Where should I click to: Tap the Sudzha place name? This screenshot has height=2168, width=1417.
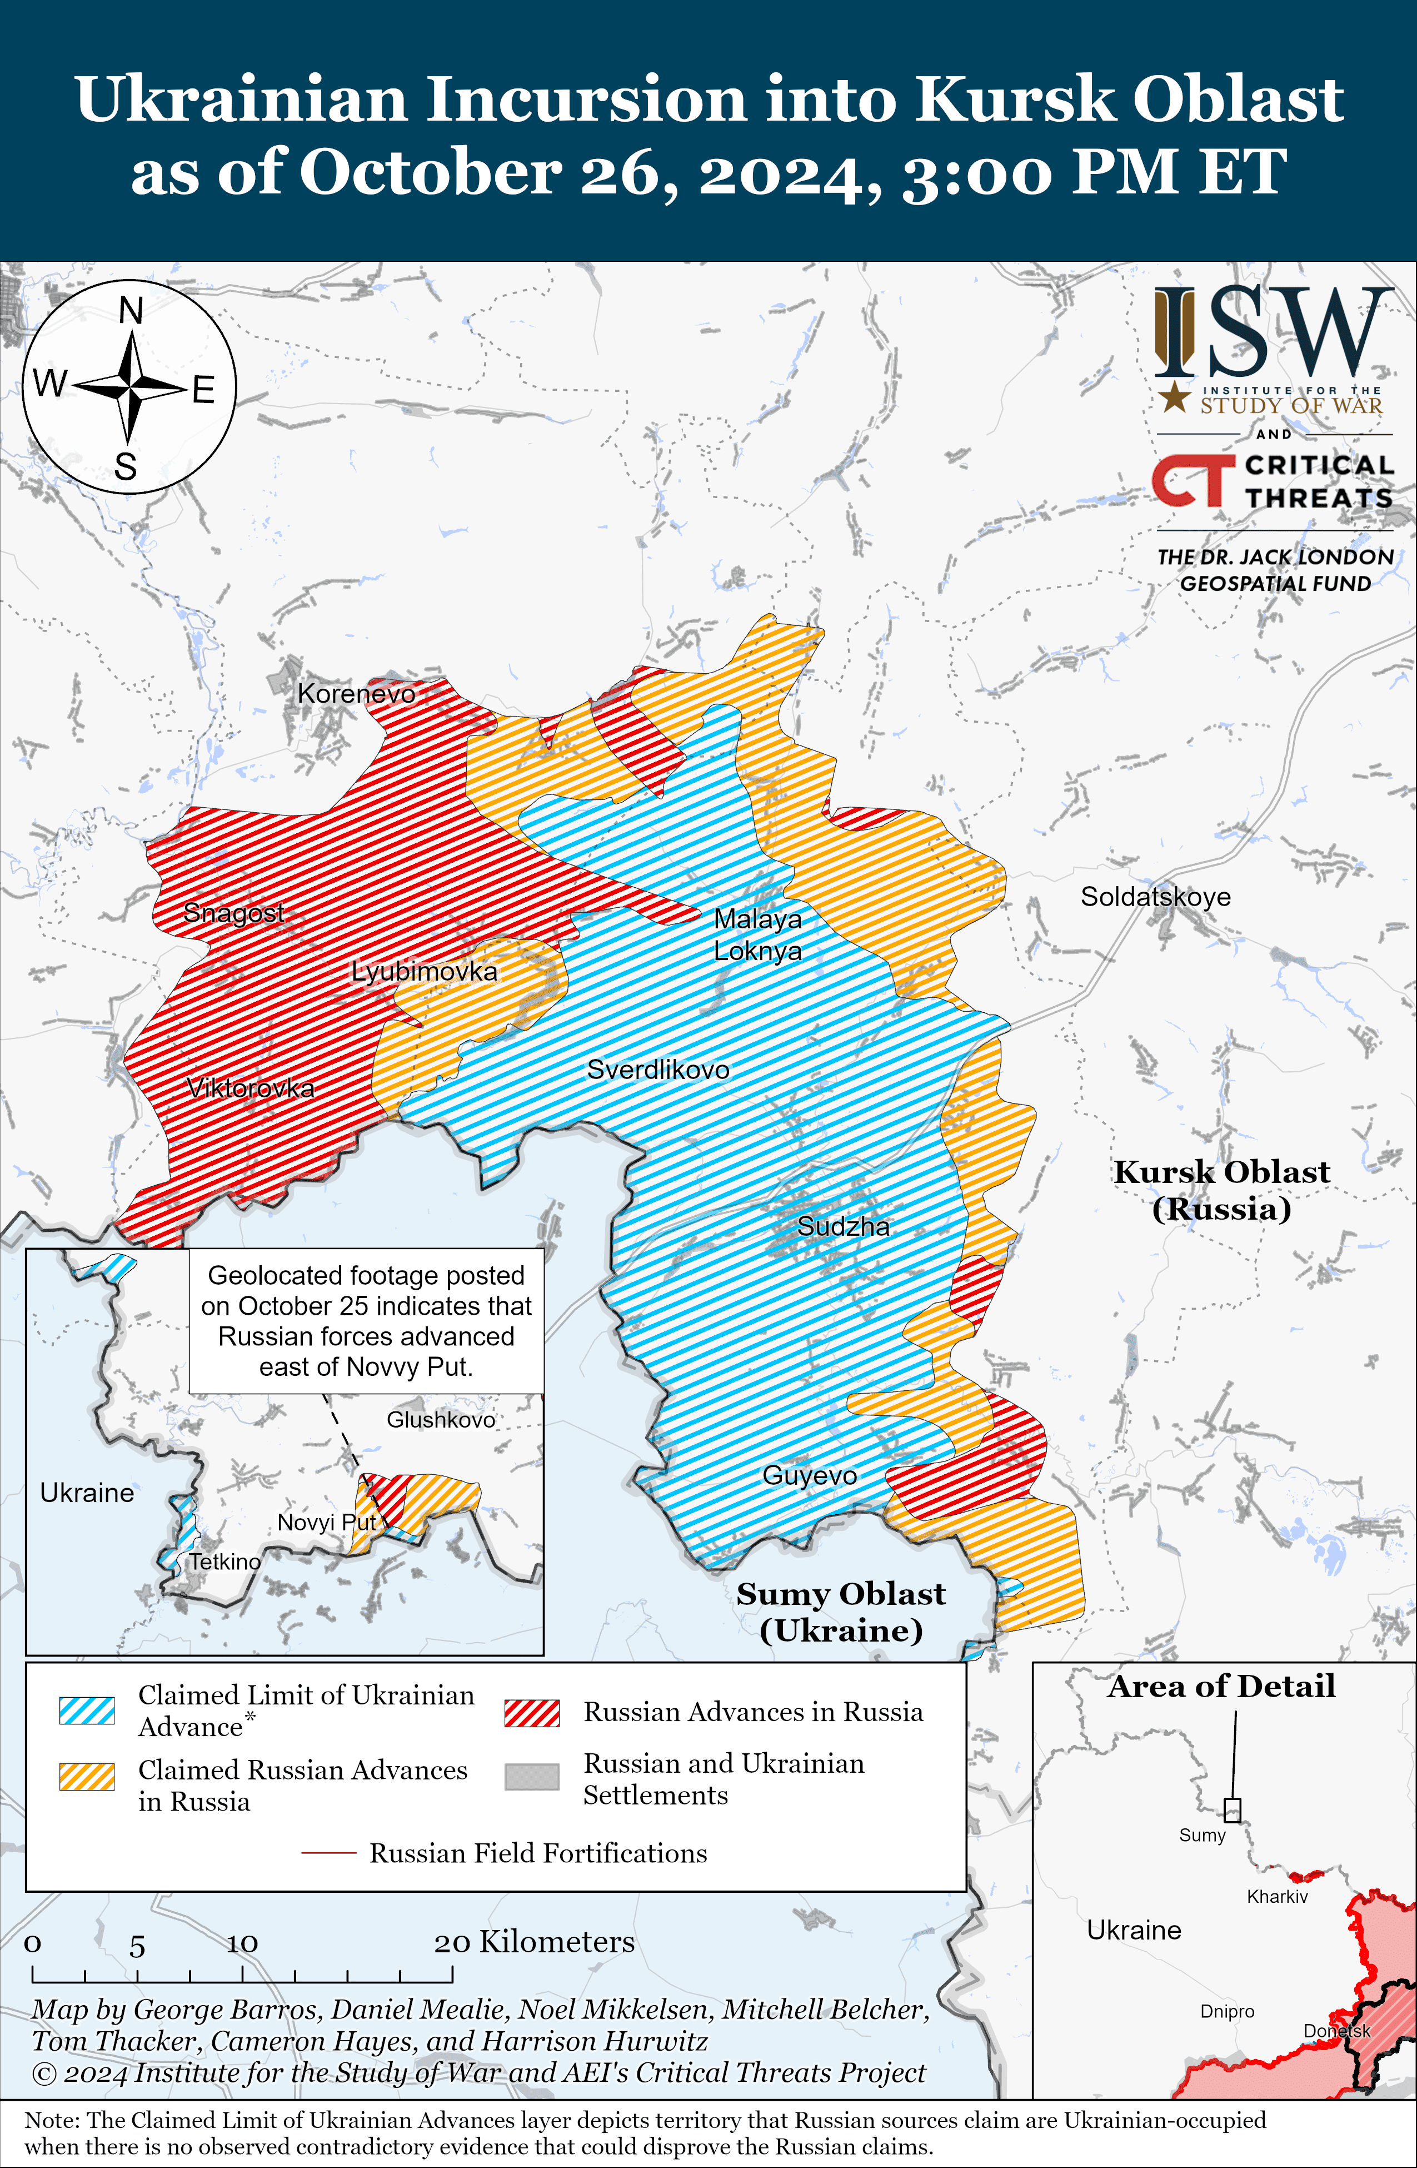pyautogui.click(x=844, y=1226)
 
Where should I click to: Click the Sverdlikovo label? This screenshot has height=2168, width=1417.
pyautogui.click(x=657, y=1070)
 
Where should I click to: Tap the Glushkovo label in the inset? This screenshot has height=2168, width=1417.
pyautogui.click(x=441, y=1419)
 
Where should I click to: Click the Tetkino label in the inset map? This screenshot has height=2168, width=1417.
pyautogui.click(x=224, y=1562)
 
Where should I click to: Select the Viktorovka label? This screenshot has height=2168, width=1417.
pyautogui.click(x=251, y=1088)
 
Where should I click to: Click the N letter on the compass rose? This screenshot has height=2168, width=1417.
pyautogui.click(x=131, y=311)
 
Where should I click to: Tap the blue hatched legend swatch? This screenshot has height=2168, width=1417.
pyautogui.click(x=87, y=1710)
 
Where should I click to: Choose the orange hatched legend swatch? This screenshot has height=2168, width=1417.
pyautogui.click(x=87, y=1777)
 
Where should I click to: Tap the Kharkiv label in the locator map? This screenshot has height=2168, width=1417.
pyautogui.click(x=1277, y=1897)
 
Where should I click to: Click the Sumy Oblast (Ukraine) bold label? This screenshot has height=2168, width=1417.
pyautogui.click(x=841, y=1612)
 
